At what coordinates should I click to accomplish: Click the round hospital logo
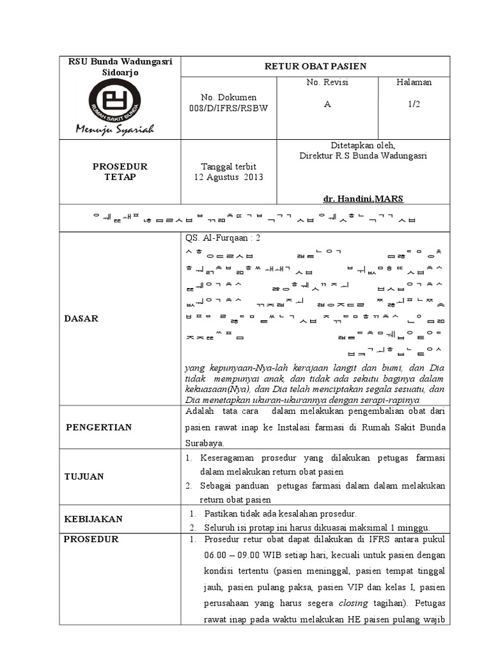coord(115,101)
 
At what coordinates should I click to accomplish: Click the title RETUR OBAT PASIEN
coord(316,66)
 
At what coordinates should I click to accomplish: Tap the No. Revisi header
coord(327,82)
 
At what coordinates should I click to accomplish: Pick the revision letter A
coord(327,105)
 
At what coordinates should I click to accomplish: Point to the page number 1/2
coord(414,105)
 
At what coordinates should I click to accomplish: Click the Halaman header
coord(414,82)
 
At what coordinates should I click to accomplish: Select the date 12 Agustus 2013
coord(228,177)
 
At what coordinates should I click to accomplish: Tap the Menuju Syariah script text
coord(115,130)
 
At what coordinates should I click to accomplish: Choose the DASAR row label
coord(81,318)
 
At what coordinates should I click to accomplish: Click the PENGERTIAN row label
coord(98,427)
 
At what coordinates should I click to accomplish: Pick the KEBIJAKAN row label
coord(93,519)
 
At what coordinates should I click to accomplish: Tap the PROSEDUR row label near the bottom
coord(91,539)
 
